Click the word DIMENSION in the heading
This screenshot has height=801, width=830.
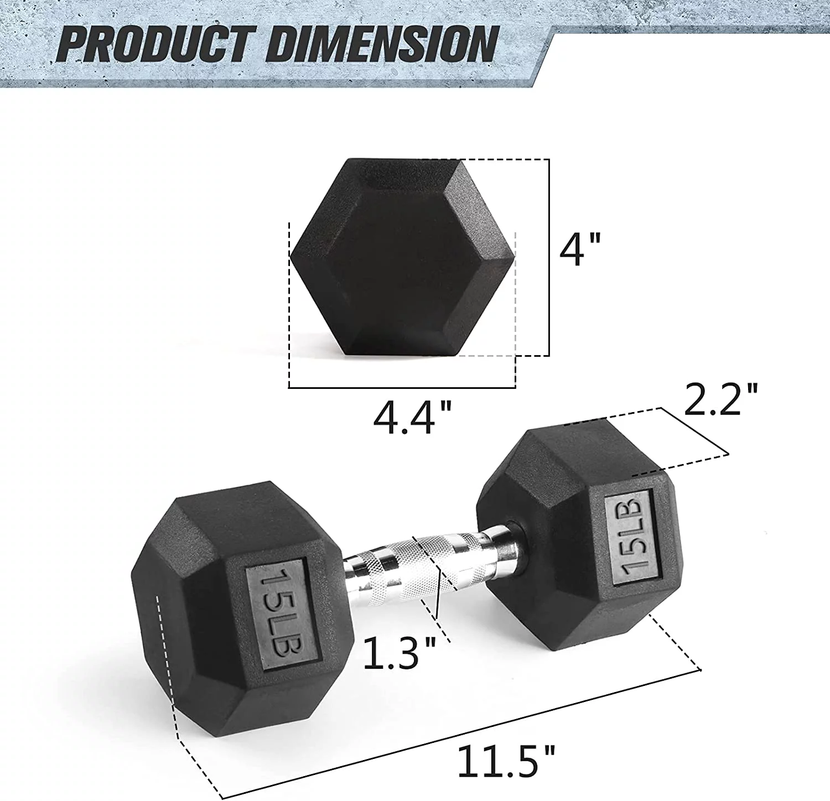click(382, 44)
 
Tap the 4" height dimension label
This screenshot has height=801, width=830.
click(579, 250)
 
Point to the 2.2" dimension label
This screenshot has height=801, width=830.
click(720, 399)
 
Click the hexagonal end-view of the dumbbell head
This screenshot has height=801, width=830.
click(402, 257)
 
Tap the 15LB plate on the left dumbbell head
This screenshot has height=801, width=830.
click(282, 612)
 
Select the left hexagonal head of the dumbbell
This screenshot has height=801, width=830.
click(243, 614)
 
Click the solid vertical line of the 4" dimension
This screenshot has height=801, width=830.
click(549, 257)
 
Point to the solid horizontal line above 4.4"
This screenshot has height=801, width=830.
click(402, 388)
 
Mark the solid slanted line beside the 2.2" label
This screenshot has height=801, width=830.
click(695, 431)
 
